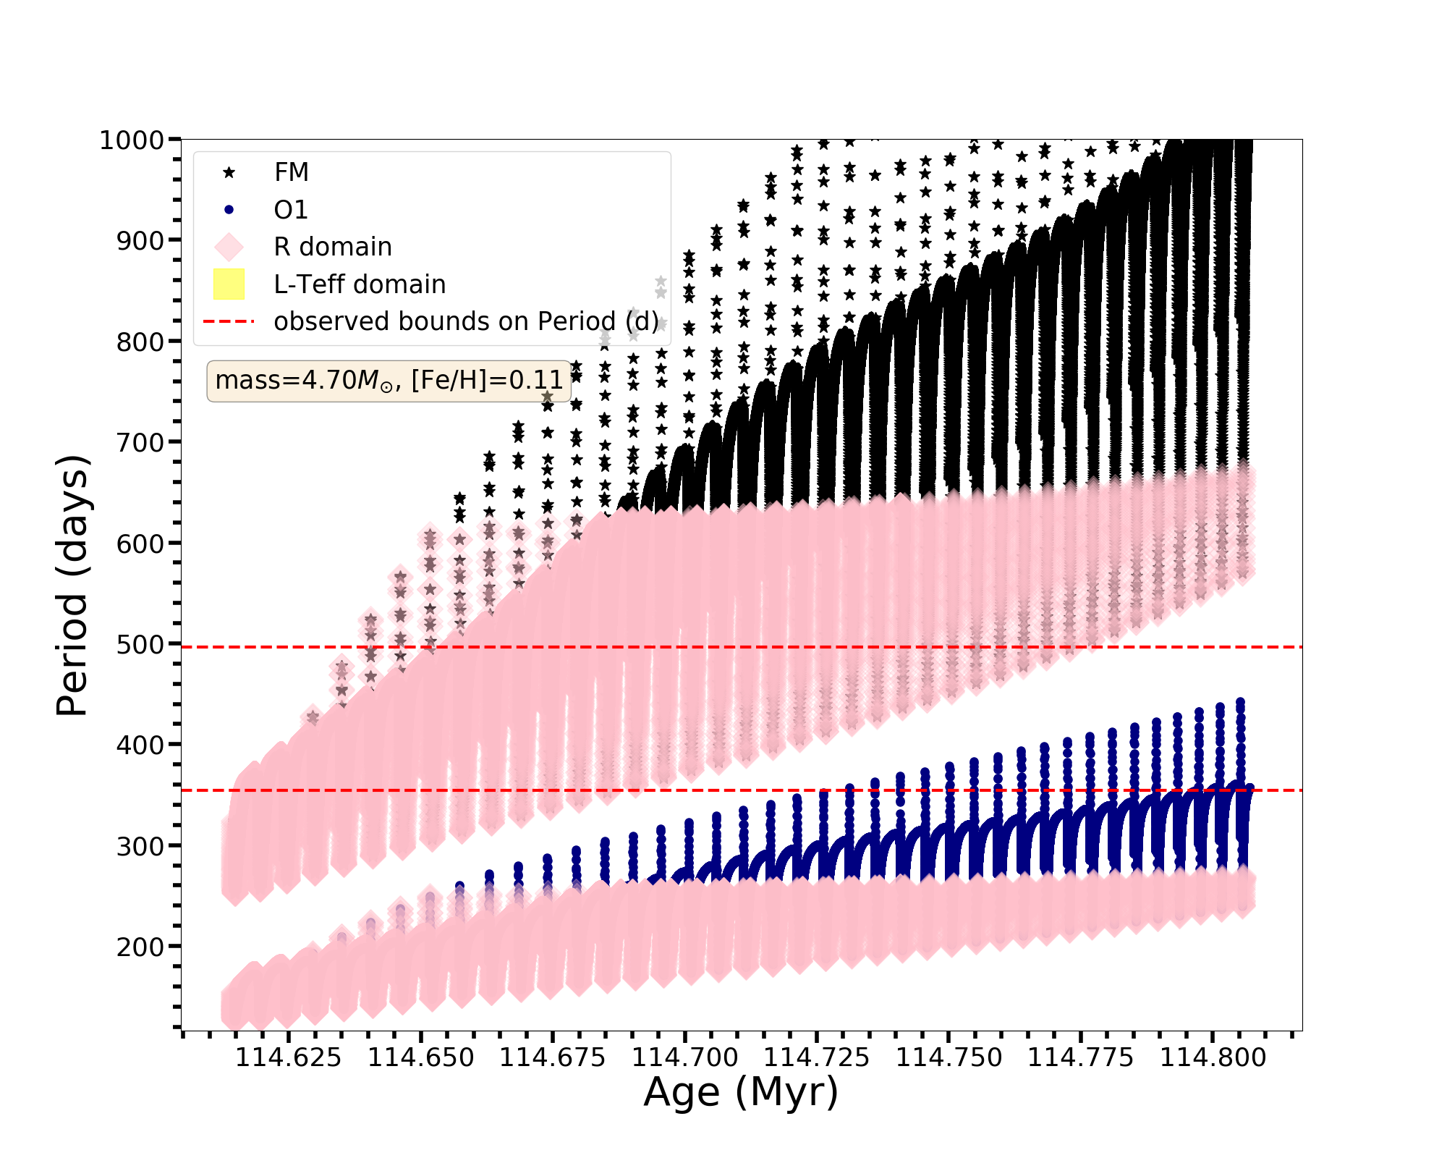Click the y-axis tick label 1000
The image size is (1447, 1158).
coord(132,140)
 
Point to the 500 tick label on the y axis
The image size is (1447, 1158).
coord(140,644)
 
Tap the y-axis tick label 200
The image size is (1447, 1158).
coord(140,947)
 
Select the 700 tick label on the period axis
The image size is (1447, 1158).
coord(140,442)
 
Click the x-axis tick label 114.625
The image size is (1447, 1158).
coord(288,1058)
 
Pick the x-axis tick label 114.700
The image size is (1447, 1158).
coord(684,1058)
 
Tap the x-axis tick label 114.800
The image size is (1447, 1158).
coord(1213,1058)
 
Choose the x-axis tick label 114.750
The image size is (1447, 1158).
coord(949,1058)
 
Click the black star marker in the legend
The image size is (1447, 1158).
coord(229,173)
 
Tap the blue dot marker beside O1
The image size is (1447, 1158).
coord(229,210)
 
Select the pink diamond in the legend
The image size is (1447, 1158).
coord(229,247)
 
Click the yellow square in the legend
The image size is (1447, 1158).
coord(229,284)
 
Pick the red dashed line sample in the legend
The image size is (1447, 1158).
coord(229,321)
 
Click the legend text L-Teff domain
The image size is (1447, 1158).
coord(360,284)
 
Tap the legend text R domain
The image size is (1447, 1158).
coord(332,247)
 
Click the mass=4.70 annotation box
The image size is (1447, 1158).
coord(389,381)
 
